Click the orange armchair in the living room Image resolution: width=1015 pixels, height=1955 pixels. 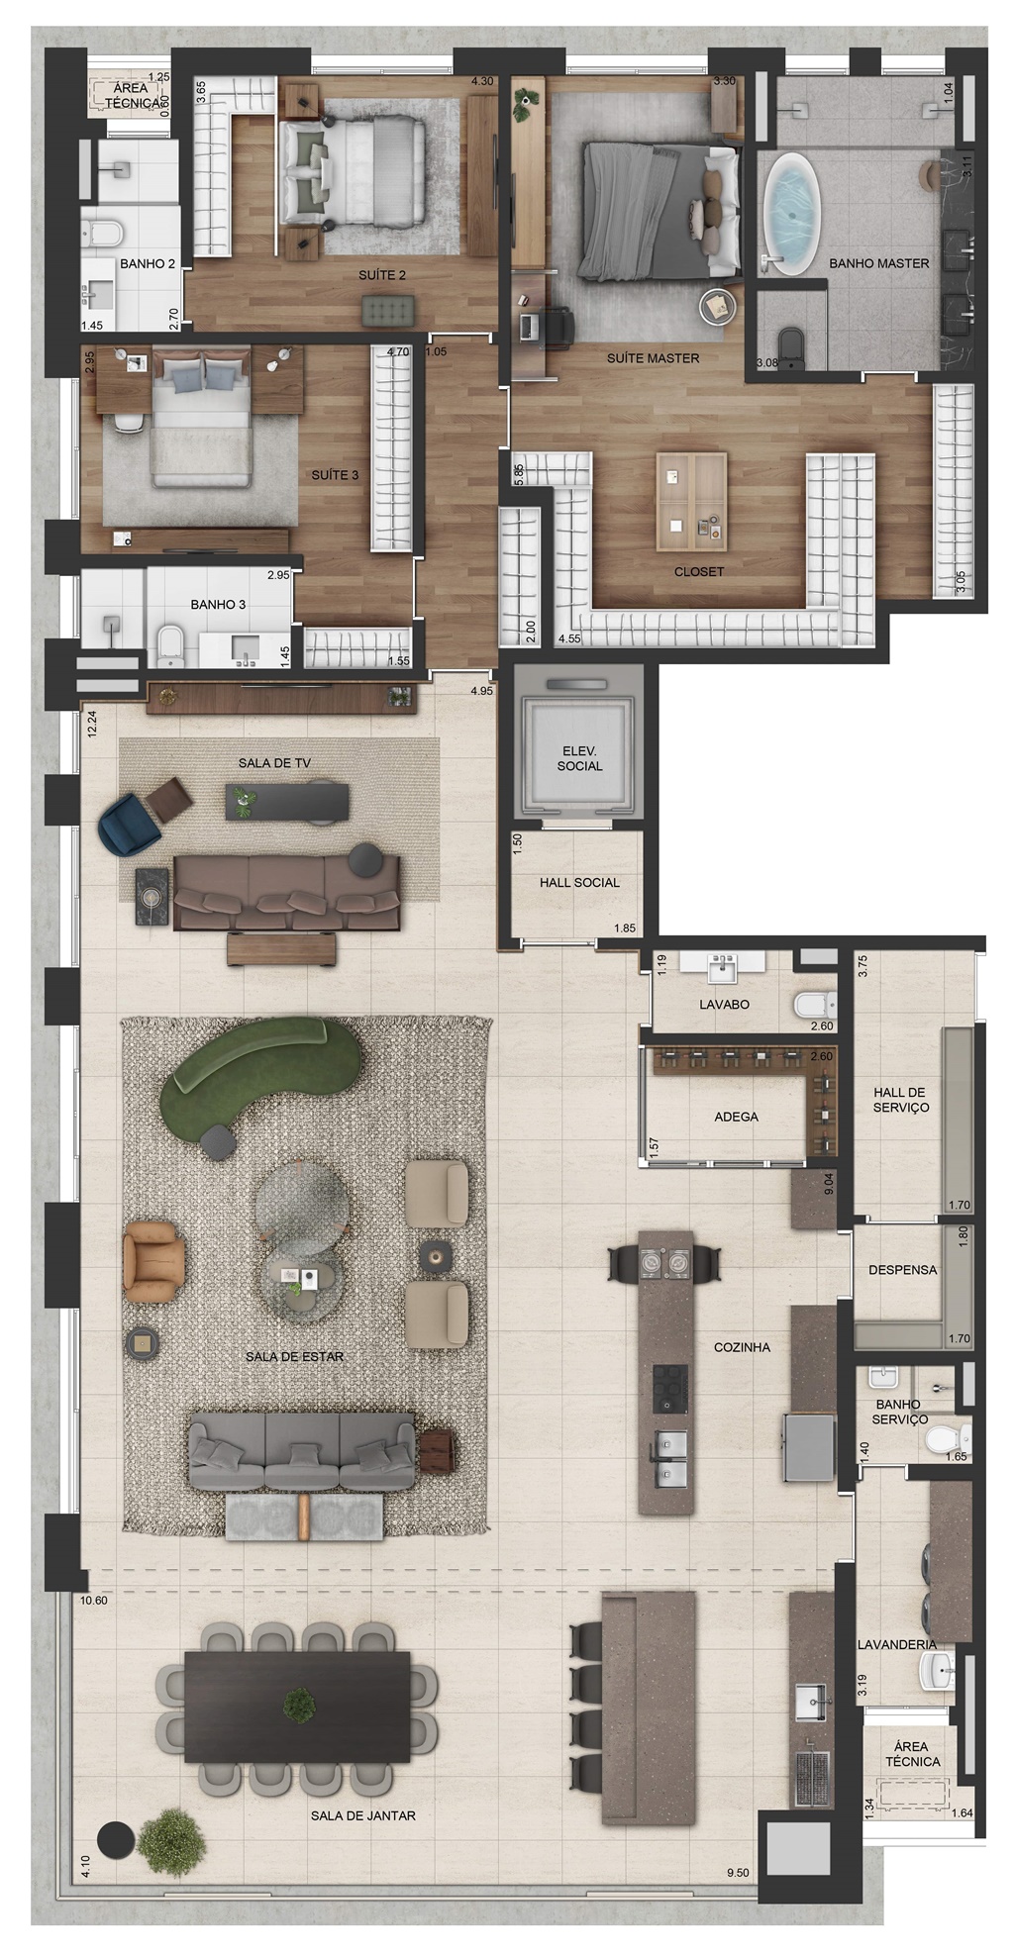coord(153,1260)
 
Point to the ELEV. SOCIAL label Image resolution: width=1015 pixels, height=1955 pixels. coord(579,758)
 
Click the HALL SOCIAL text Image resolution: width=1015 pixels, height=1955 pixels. coord(579,882)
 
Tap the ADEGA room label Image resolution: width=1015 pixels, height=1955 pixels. coord(736,1117)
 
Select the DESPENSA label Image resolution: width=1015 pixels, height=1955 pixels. coord(902,1270)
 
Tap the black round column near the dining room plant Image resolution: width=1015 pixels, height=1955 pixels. coord(114,1839)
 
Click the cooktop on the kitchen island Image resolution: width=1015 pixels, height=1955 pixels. coord(669,1387)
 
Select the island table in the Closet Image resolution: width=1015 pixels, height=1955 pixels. coord(691,502)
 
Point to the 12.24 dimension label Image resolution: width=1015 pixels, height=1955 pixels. coord(92,724)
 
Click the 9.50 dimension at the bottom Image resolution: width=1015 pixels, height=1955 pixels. coord(738,1873)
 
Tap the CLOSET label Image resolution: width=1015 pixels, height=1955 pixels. coord(699,571)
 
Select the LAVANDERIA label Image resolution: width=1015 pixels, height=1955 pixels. coord(897,1644)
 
